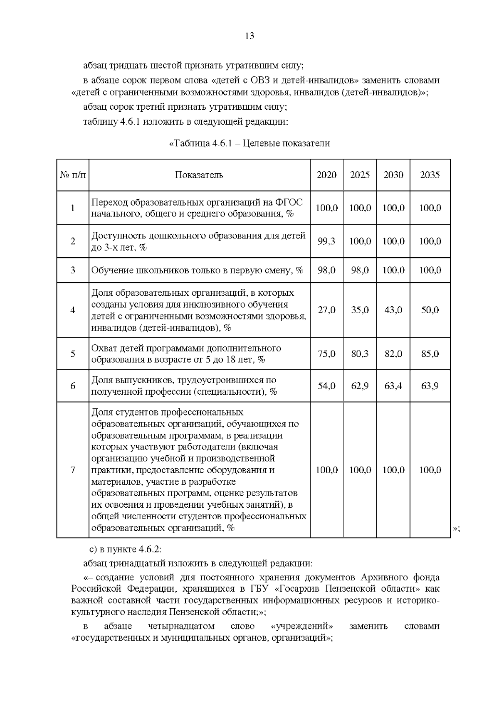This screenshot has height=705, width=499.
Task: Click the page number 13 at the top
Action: pyautogui.click(x=249, y=36)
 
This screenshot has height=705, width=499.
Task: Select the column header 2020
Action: pyautogui.click(x=326, y=175)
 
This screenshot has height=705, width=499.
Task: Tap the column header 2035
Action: pyautogui.click(x=430, y=175)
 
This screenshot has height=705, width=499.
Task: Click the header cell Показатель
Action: pyautogui.click(x=199, y=175)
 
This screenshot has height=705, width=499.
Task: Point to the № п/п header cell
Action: pyautogui.click(x=73, y=175)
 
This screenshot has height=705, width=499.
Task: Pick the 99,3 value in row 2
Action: pyautogui.click(x=326, y=241)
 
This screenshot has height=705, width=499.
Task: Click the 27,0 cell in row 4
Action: pyautogui.click(x=326, y=310)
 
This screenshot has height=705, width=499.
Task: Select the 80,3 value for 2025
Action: pyautogui.click(x=360, y=354)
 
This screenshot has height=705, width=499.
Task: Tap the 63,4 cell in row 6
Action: pyautogui.click(x=393, y=386)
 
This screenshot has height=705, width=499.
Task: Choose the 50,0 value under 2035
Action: pyautogui.click(x=430, y=310)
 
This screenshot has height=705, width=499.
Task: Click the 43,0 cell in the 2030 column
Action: pyautogui.click(x=393, y=310)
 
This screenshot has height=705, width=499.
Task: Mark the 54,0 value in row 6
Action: pyautogui.click(x=326, y=386)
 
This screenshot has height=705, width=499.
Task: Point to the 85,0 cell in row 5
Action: pyautogui.click(x=430, y=354)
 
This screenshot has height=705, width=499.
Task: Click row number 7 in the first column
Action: pyautogui.click(x=73, y=470)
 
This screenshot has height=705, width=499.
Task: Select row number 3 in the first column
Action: pyautogui.click(x=73, y=270)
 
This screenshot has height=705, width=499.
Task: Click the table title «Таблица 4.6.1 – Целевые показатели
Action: pyautogui.click(x=249, y=144)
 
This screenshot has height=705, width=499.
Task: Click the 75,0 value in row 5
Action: pyautogui.click(x=326, y=354)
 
